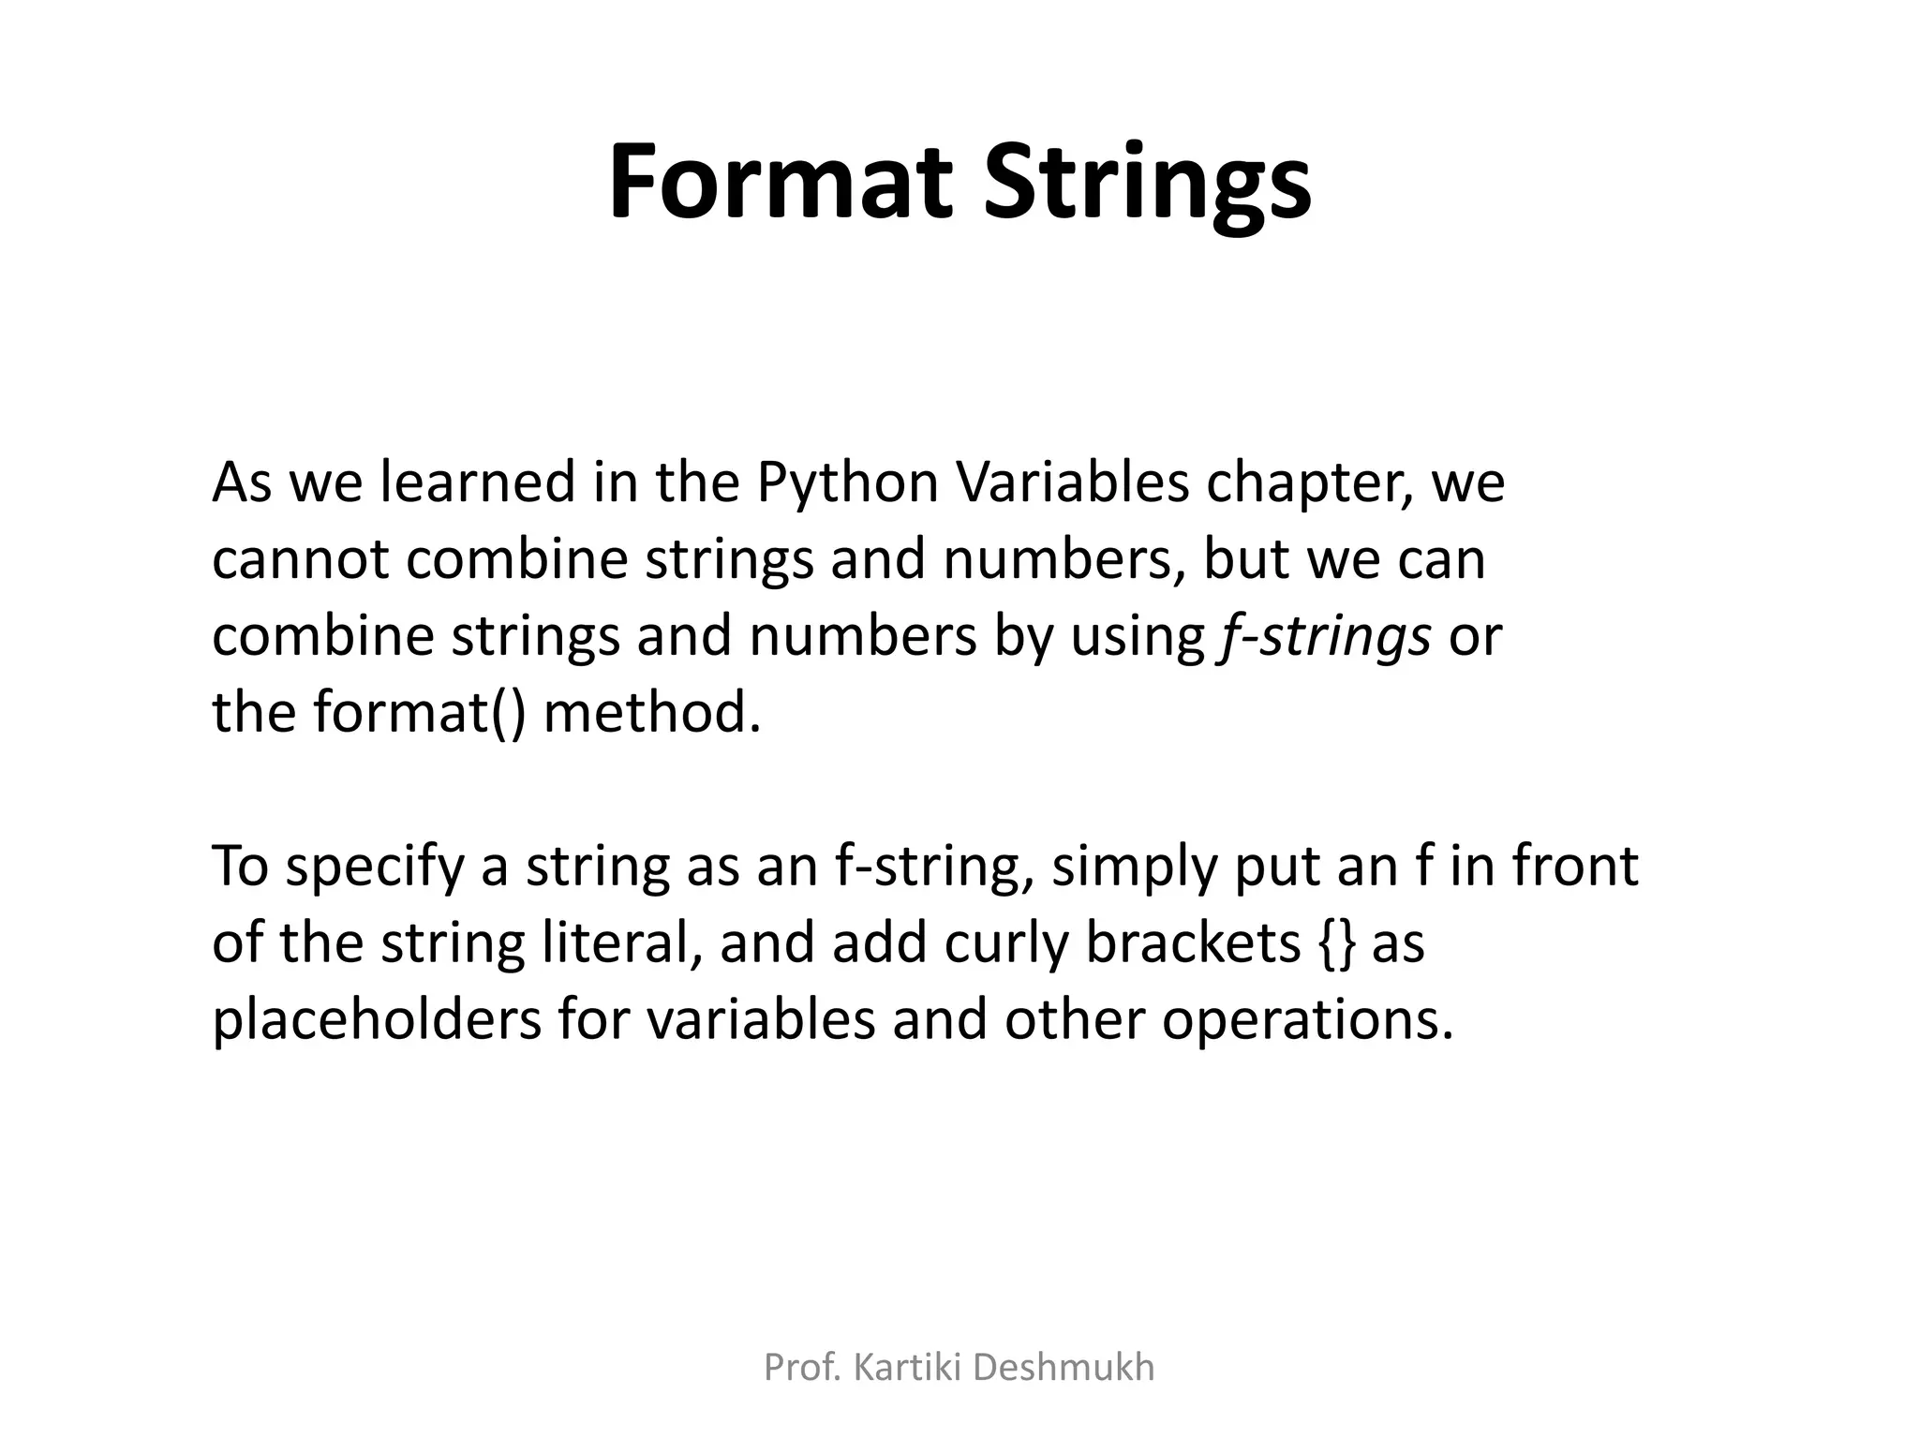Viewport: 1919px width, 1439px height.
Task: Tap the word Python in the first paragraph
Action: [x=846, y=483]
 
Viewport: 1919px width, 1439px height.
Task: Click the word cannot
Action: [x=300, y=560]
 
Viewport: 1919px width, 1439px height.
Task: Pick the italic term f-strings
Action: [x=1324, y=637]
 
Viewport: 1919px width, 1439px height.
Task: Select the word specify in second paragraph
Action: [x=375, y=868]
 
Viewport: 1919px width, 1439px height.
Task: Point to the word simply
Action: [x=1134, y=868]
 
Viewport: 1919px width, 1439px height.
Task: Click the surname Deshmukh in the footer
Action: [x=1064, y=1369]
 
